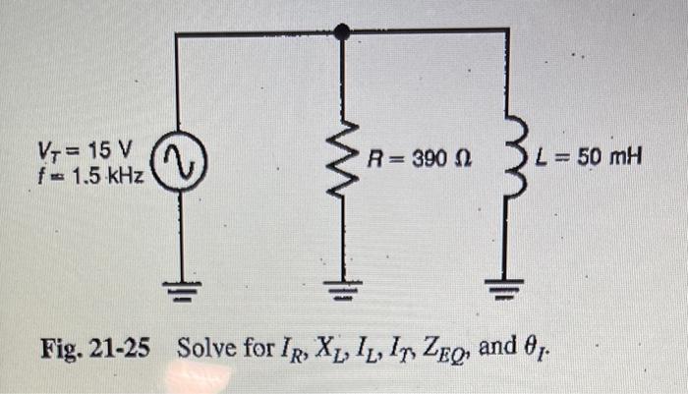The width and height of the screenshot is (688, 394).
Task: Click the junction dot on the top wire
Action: (342, 32)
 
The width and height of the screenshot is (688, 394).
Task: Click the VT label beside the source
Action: (48, 152)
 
